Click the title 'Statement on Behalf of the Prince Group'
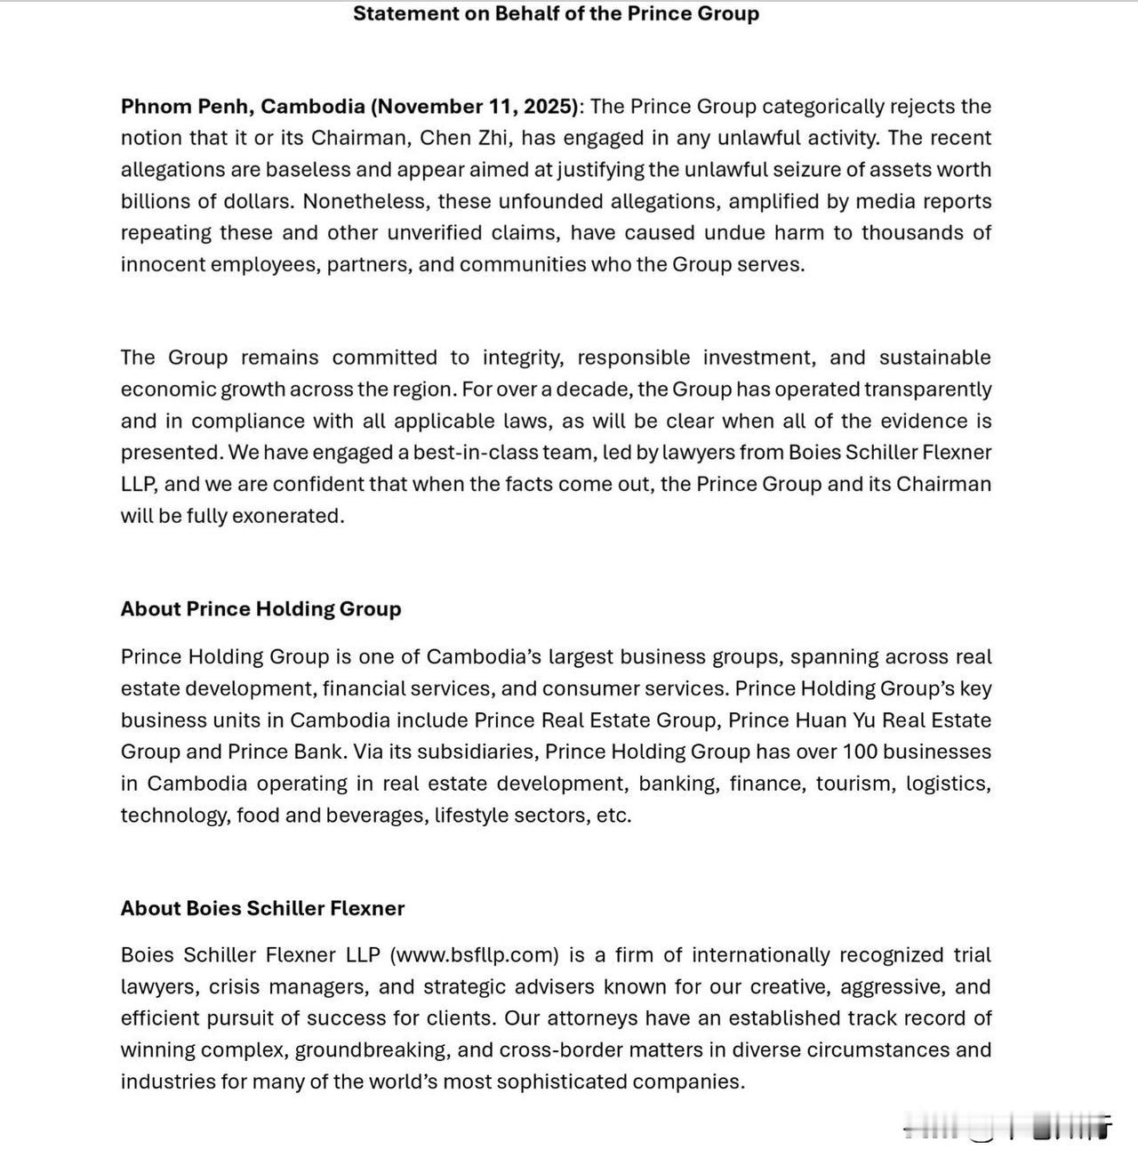point(556,13)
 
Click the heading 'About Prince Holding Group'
point(261,609)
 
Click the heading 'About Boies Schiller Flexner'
point(263,908)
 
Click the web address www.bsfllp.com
point(476,955)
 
